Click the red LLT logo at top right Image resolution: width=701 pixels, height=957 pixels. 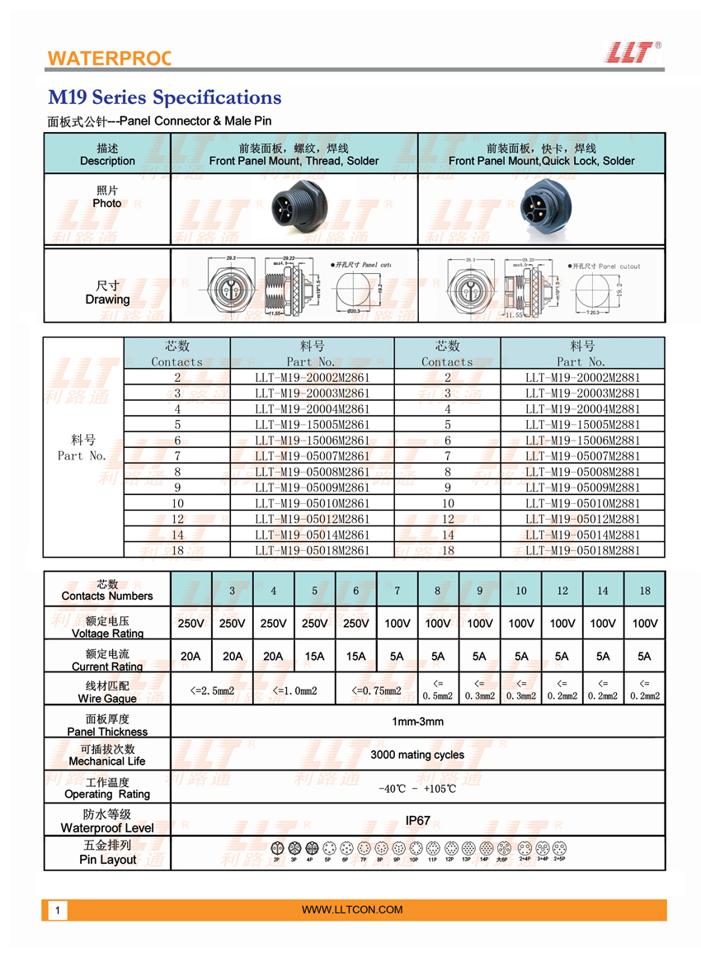[633, 52]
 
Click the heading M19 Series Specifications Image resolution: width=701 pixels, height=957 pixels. [165, 97]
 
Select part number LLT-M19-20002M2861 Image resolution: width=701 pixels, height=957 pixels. [313, 377]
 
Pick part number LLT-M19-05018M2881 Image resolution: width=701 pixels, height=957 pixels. [583, 550]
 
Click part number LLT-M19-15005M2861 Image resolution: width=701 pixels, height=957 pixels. [313, 424]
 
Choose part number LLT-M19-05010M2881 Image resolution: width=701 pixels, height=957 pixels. [583, 503]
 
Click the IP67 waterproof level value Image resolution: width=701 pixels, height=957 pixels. [417, 821]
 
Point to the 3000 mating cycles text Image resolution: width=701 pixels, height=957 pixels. [417, 755]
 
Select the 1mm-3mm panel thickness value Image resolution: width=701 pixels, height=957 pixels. [417, 722]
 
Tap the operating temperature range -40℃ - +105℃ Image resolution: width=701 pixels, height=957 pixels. [417, 789]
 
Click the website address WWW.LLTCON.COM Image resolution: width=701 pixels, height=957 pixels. [352, 910]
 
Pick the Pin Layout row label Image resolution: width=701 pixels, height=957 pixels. [107, 853]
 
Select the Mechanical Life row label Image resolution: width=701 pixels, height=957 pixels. [107, 755]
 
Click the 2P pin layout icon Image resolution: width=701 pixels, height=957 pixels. [276, 848]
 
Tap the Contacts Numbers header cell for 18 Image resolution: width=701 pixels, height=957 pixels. [644, 591]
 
